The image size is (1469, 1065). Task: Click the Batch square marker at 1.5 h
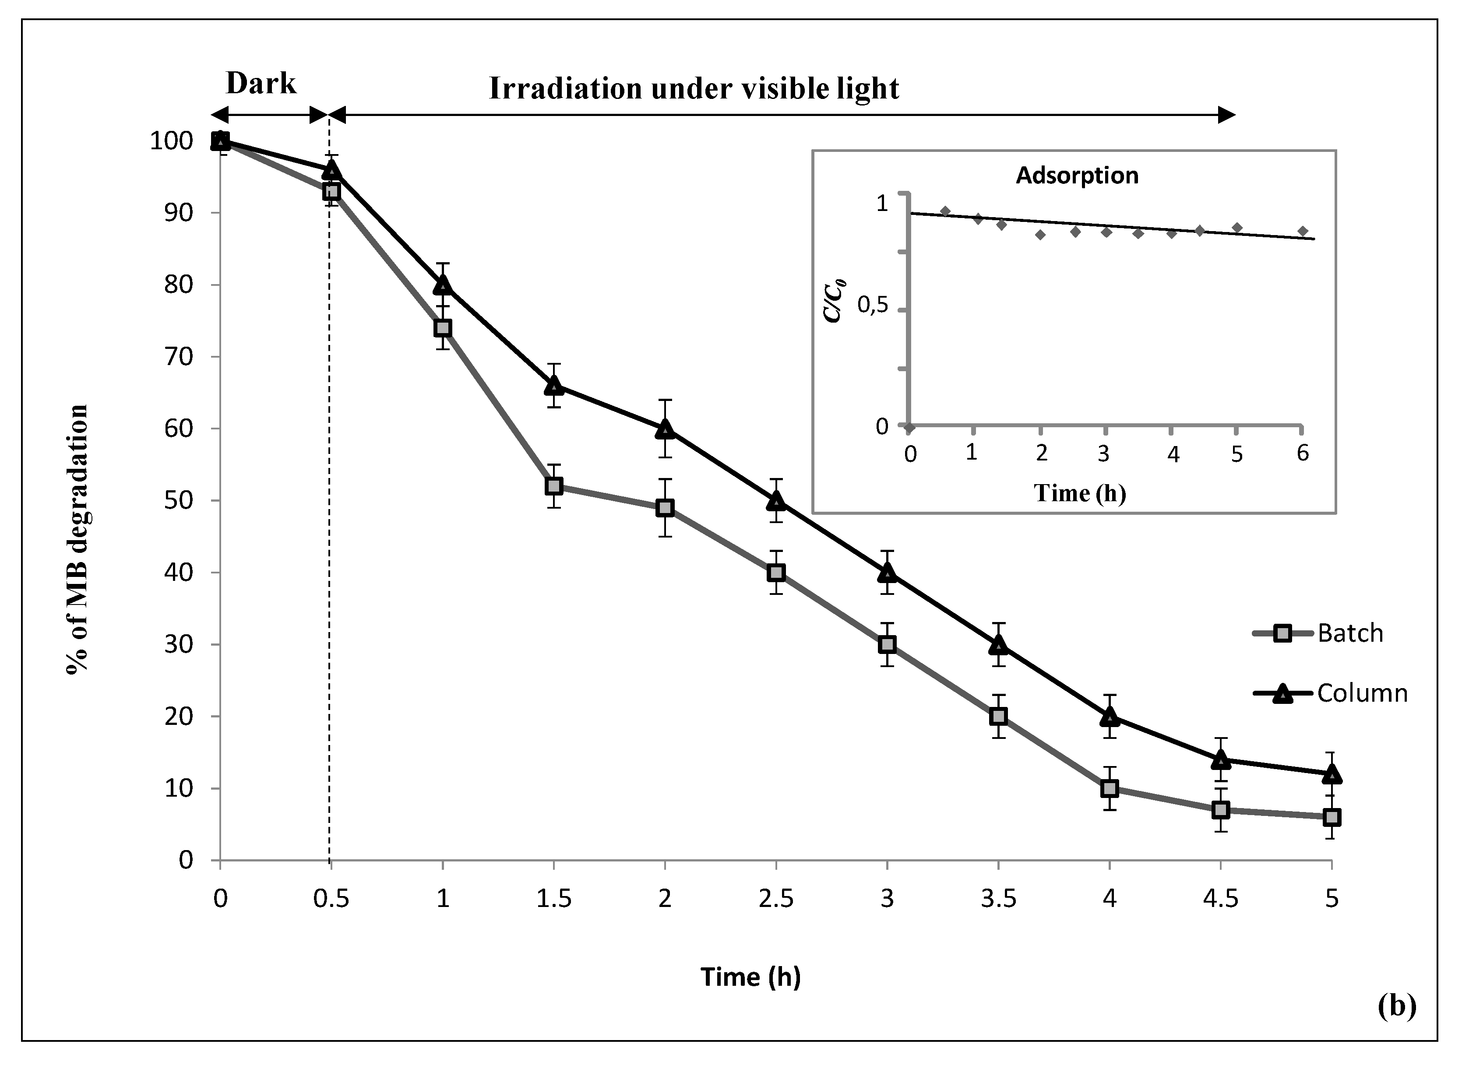(554, 486)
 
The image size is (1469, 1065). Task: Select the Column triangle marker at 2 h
(665, 429)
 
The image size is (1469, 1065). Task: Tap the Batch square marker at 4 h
(1110, 788)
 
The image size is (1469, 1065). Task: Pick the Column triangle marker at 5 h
(1332, 773)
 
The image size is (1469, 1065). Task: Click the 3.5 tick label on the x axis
(998, 899)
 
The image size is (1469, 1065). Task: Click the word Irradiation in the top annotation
(565, 89)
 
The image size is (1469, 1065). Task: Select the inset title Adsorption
(1077, 176)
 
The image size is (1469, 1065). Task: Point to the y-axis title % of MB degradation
(78, 539)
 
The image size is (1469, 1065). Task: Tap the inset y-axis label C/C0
(834, 300)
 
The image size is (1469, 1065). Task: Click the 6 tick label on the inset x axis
(1303, 453)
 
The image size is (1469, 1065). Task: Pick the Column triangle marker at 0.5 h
(331, 170)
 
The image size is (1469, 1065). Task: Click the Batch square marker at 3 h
(888, 644)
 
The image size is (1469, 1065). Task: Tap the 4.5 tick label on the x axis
(1220, 899)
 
